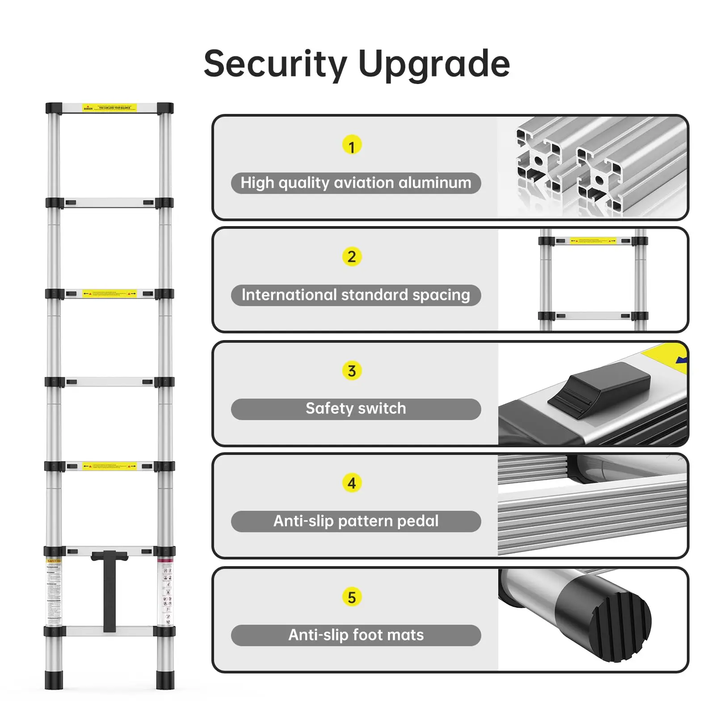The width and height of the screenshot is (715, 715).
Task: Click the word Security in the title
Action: [275, 64]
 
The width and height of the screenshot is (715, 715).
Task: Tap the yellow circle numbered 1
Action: [352, 146]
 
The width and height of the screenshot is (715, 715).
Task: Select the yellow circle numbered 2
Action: [352, 257]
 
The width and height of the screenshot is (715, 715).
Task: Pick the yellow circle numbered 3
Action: [352, 371]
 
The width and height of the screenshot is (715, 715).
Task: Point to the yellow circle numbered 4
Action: [352, 483]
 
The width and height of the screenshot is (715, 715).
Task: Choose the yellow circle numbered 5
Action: [352, 597]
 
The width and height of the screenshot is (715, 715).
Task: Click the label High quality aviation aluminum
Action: [356, 183]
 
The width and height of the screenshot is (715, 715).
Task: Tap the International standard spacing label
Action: [356, 295]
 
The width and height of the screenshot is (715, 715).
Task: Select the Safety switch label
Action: [356, 408]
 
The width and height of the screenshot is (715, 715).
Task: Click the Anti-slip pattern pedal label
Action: [356, 521]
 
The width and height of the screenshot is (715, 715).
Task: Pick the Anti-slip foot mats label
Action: [356, 635]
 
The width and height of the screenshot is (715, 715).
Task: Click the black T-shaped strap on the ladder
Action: [109, 590]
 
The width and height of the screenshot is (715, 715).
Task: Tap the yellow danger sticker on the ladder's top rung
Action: [109, 108]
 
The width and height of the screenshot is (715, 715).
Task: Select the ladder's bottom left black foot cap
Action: [54, 679]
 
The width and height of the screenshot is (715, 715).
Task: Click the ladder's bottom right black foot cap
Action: [165, 679]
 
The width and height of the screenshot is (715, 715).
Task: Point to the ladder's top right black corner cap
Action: [165, 109]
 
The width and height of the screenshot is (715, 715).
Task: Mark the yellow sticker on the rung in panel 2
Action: [593, 241]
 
